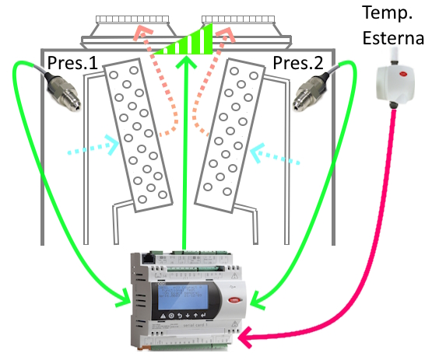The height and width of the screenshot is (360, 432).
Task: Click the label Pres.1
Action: (72, 63)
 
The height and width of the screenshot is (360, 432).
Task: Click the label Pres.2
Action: (298, 63)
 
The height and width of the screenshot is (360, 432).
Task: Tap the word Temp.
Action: (387, 13)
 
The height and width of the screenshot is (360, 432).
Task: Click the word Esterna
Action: (393, 37)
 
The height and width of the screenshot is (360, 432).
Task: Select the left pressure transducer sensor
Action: (61, 89)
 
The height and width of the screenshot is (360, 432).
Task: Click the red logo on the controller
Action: (234, 300)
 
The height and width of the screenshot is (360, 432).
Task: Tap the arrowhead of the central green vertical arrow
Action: (186, 62)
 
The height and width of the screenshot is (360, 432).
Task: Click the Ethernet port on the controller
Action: (149, 258)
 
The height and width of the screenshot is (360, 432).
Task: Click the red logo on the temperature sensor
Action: (403, 74)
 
